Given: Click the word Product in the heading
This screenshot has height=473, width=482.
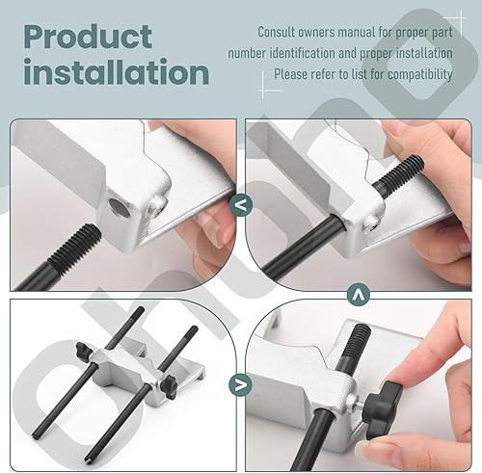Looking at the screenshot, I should [88, 38].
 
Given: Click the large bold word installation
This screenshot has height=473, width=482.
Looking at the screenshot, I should [117, 73].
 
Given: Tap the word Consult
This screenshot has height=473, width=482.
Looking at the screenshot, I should [282, 32].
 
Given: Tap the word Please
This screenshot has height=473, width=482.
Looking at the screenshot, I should [292, 73].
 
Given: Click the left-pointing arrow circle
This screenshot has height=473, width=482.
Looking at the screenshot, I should [239, 204].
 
